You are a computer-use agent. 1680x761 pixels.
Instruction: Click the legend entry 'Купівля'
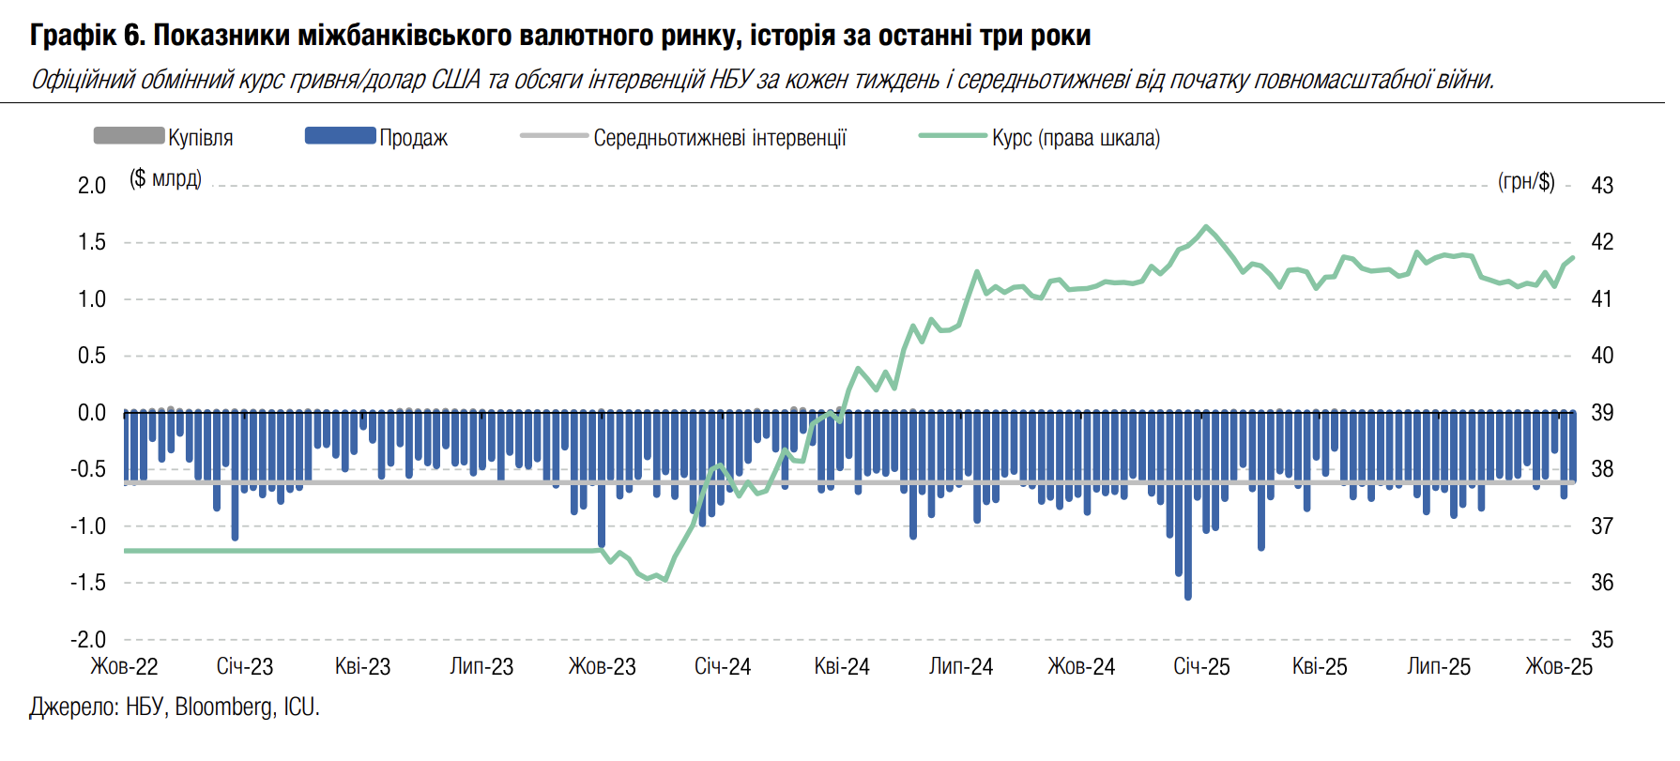(200, 138)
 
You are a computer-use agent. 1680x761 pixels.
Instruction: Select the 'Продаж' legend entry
(413, 138)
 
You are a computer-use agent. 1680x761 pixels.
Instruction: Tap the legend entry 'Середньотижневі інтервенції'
(719, 138)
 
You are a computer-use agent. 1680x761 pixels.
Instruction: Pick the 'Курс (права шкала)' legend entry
(1076, 138)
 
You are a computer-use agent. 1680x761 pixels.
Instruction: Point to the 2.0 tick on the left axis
(92, 186)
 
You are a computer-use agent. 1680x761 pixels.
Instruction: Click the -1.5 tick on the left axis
(88, 583)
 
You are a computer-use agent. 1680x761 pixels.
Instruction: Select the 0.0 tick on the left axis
(92, 413)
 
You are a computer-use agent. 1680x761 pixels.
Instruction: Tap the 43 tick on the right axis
(1602, 186)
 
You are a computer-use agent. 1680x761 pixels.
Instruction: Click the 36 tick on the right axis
(1602, 583)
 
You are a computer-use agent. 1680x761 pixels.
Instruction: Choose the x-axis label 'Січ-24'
(723, 667)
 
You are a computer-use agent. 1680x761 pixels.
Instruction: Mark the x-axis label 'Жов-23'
(602, 667)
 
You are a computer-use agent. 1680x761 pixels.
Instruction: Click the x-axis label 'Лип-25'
(1439, 667)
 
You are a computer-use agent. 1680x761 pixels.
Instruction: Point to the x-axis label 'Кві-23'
(362, 667)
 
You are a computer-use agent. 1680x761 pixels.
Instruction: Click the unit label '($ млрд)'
(165, 178)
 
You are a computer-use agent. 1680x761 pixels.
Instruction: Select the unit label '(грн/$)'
(1526, 181)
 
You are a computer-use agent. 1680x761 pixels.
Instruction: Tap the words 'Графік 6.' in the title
(86, 36)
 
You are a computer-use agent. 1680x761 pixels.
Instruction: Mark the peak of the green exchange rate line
(1206, 226)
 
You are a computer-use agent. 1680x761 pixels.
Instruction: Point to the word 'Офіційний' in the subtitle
(83, 80)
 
